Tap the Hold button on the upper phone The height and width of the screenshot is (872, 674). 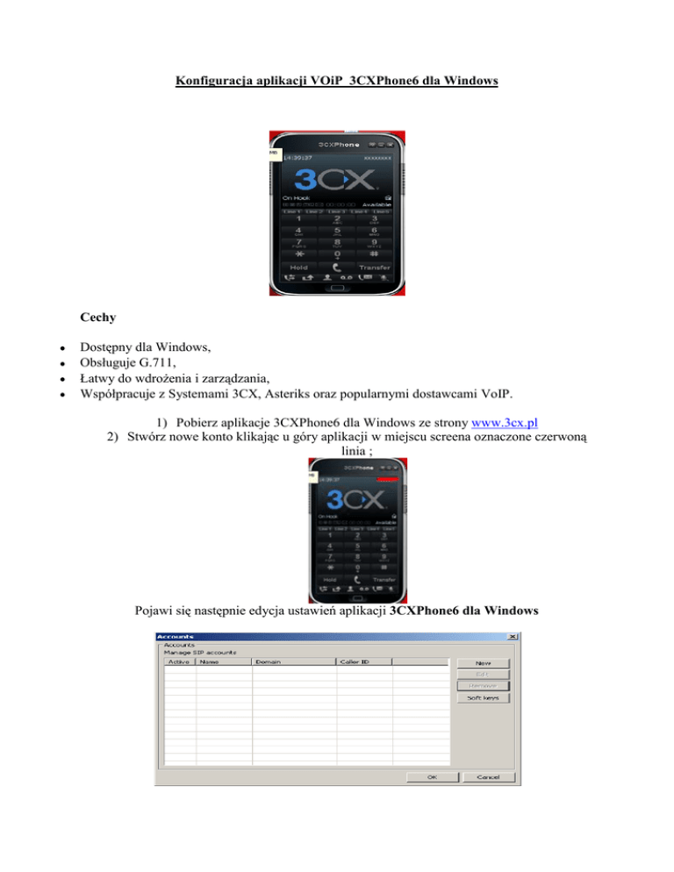[299, 267]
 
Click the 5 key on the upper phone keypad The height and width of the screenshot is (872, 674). [337, 232]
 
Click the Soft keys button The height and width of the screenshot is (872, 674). [484, 698]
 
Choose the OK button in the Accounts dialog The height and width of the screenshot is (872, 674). [432, 777]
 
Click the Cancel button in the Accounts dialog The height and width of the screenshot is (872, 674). [488, 777]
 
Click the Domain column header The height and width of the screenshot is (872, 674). [268, 661]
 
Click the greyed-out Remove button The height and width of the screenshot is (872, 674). [484, 685]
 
